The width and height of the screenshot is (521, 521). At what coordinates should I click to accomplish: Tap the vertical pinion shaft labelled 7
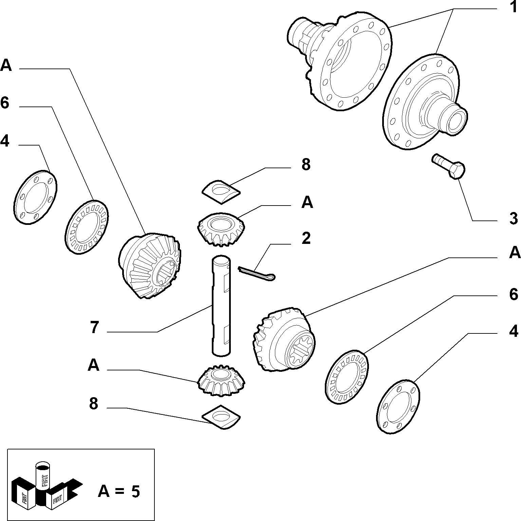coord(221,306)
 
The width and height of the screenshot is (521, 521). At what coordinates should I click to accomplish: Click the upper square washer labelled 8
coord(221,192)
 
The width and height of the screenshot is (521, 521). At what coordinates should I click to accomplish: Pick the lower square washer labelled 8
coord(221,417)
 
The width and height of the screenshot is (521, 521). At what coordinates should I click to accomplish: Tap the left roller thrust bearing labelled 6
coord(87,227)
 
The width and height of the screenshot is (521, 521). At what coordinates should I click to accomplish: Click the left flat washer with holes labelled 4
coord(36,197)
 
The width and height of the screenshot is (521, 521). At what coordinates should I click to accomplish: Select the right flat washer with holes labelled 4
coord(398,406)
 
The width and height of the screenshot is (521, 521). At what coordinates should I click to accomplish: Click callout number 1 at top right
coord(513,7)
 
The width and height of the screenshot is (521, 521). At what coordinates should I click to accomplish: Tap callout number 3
coord(514,219)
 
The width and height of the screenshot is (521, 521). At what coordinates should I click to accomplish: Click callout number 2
coord(306,238)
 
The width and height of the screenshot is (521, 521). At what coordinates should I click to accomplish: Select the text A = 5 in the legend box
coord(119,491)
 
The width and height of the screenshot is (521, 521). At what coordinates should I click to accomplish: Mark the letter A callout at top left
coord(6,65)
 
